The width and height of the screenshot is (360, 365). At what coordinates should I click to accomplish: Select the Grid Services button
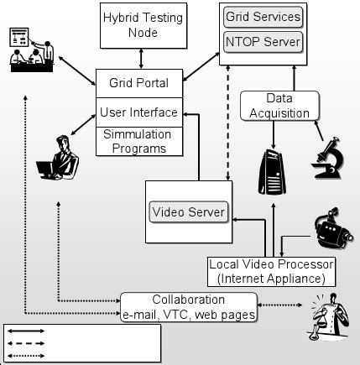coord(263,16)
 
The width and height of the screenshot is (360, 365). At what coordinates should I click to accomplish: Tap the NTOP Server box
coord(263,40)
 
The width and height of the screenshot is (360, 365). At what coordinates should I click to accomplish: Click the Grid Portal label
coord(139,84)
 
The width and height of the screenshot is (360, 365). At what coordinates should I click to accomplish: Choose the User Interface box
coord(139,111)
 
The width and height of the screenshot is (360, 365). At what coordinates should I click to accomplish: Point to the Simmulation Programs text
coord(139,141)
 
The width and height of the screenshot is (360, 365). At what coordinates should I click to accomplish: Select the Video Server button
coord(189,212)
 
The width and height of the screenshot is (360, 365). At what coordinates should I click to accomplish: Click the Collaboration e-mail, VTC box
coord(188,307)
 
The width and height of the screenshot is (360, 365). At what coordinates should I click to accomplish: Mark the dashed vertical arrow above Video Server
coord(227,127)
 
